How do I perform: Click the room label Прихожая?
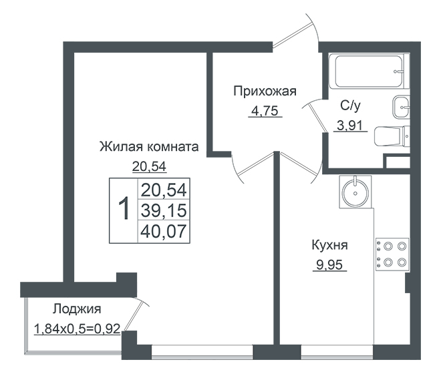(x=265, y=91)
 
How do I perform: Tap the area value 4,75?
(x=265, y=111)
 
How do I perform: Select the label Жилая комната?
(x=149, y=147)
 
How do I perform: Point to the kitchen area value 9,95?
(x=329, y=264)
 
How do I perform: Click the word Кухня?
(x=329, y=245)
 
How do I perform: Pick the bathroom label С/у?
(x=350, y=106)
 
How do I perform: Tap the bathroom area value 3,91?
(x=350, y=126)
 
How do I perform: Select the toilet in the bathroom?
(x=392, y=136)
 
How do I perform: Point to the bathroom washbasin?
(x=401, y=107)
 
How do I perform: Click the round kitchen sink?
(x=355, y=192)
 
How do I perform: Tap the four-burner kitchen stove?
(x=392, y=254)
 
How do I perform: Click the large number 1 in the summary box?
(x=124, y=210)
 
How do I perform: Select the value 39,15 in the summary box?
(x=164, y=210)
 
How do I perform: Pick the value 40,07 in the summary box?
(x=164, y=231)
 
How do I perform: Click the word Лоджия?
(x=77, y=309)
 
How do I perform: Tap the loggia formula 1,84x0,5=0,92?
(x=77, y=329)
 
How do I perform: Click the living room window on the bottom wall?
(x=202, y=352)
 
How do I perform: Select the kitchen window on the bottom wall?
(x=337, y=352)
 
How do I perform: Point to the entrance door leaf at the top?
(x=293, y=35)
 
